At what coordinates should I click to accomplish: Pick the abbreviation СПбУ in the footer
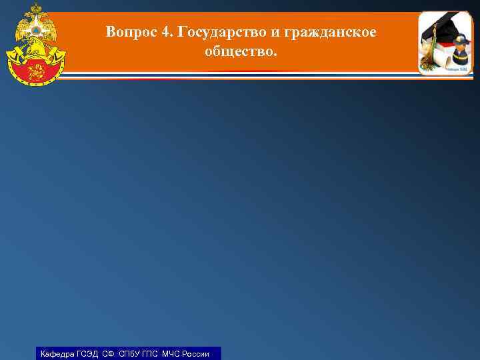coord(130,354)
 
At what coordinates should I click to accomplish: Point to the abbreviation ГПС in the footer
coord(152,354)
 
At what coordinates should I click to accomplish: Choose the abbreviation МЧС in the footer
coord(171,354)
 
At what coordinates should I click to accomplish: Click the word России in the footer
coord(196,354)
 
